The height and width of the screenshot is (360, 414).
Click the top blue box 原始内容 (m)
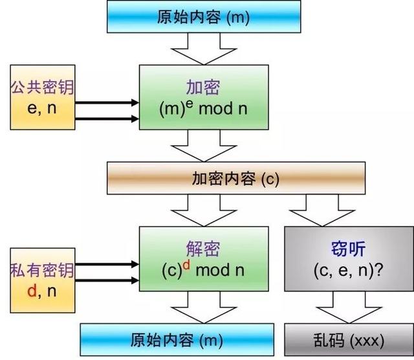pos(203,16)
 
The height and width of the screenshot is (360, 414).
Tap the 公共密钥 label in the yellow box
pos(41,87)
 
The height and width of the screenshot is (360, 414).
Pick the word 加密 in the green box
pos(203,88)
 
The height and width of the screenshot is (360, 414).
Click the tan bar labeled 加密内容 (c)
pos(235,179)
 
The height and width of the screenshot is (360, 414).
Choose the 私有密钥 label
pos(41,270)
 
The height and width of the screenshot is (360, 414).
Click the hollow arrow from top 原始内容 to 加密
pos(203,49)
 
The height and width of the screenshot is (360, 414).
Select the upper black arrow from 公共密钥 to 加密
pos(107,102)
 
